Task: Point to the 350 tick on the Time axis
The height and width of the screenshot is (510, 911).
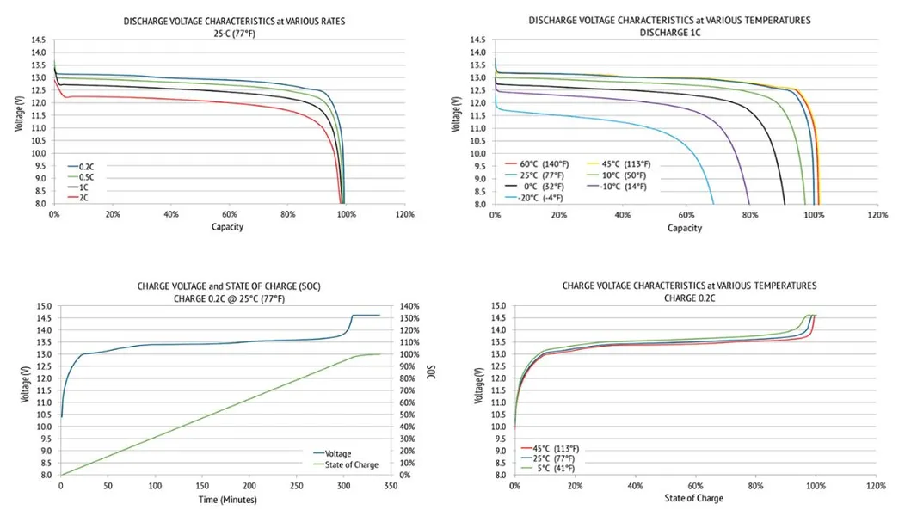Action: pyautogui.click(x=390, y=486)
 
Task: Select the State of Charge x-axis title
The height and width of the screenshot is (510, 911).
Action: pyautogui.click(x=693, y=499)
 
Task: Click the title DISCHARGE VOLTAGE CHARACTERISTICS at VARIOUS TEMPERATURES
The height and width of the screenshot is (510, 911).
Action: pyautogui.click(x=669, y=19)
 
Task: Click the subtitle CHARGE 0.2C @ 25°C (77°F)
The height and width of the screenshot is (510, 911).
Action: pyautogui.click(x=223, y=298)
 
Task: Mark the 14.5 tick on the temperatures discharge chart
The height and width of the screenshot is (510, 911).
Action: pyautogui.click(x=478, y=40)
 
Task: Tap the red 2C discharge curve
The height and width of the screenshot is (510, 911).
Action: pyautogui.click(x=215, y=101)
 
